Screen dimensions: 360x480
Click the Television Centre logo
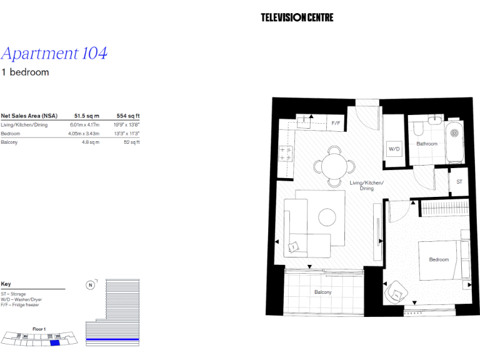click(297, 17)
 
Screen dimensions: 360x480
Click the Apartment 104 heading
click(54, 53)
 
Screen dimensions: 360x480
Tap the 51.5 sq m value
click(87, 116)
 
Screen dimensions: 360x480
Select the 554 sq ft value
click(128, 116)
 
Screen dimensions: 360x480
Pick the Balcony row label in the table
click(9, 142)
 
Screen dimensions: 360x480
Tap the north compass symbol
click(90, 286)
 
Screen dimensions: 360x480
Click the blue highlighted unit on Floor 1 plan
click(54, 341)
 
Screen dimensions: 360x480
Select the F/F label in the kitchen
click(336, 123)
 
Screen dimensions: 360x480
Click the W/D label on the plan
click(394, 149)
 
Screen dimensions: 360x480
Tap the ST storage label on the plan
click(459, 182)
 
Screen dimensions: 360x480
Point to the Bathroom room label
click(427, 144)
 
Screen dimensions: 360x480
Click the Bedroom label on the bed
click(438, 259)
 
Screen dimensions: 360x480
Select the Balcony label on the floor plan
click(322, 292)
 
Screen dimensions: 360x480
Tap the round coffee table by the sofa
click(328, 217)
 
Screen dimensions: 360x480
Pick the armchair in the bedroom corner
click(396, 291)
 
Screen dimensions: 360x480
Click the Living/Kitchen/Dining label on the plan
click(367, 185)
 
